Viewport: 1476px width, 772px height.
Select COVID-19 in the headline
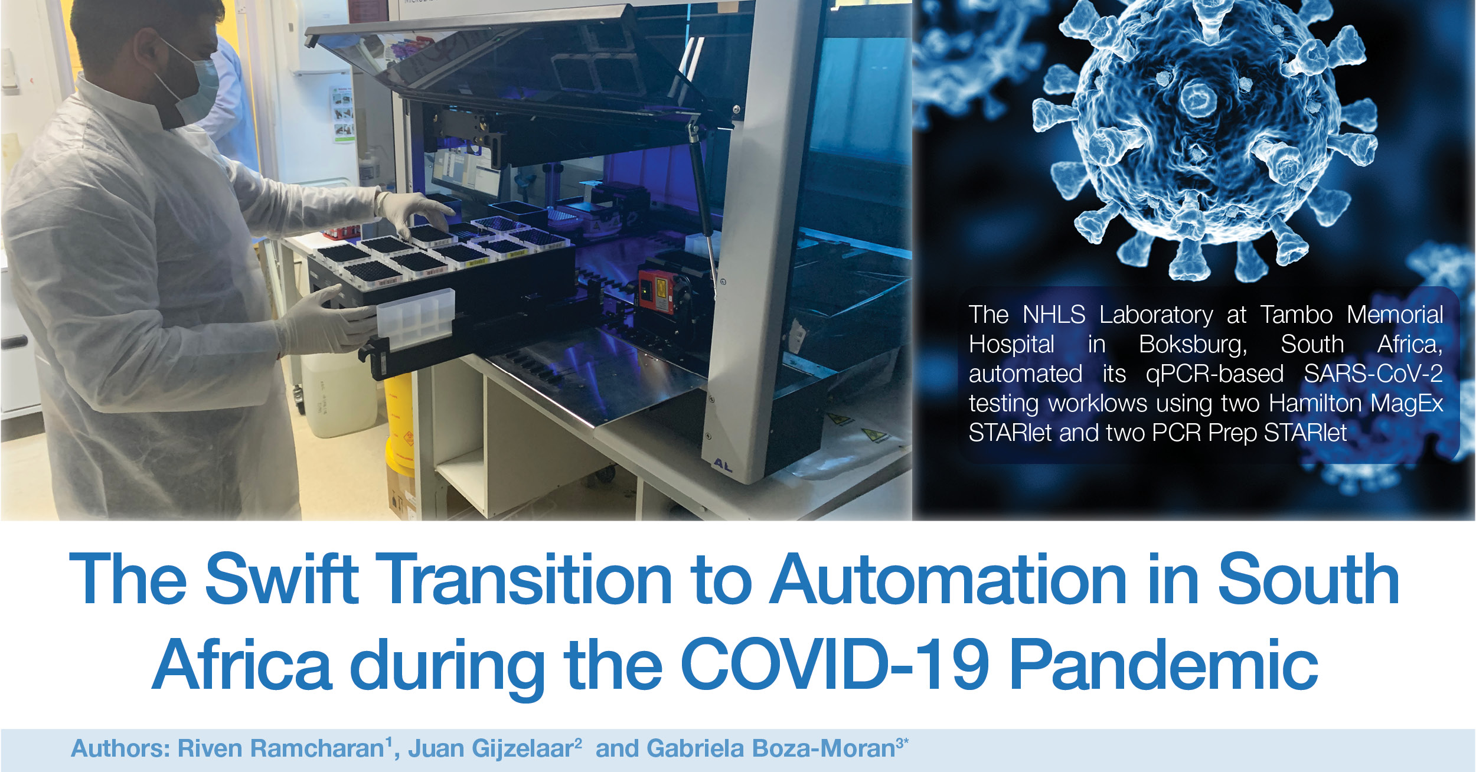click(835, 665)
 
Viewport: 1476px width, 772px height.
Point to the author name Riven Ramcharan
click(282, 748)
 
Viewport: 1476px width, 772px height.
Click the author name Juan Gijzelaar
click(491, 748)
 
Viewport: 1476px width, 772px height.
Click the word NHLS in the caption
click(1054, 315)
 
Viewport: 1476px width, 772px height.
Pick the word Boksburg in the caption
click(1193, 345)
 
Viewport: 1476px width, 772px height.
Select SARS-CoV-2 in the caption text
click(1373, 374)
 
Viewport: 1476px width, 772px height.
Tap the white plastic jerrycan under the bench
click(339, 395)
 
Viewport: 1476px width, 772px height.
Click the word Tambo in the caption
click(1297, 315)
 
